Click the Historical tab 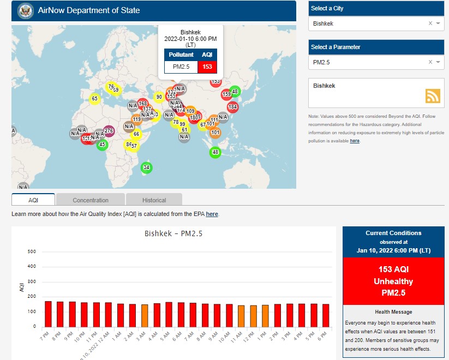(x=154, y=200)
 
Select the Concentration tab (x=91, y=200)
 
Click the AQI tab (x=33, y=200)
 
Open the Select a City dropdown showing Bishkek (x=371, y=23)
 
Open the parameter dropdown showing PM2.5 (x=371, y=62)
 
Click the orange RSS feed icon (x=433, y=95)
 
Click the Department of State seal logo (x=25, y=10)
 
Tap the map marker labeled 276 (x=109, y=131)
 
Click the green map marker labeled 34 (x=146, y=167)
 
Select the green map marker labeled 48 (x=215, y=152)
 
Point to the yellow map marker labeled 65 (x=94, y=99)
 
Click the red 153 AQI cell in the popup (x=207, y=67)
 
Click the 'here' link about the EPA (x=212, y=214)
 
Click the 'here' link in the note (x=355, y=141)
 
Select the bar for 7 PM (x=48, y=314)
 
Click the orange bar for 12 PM (x=253, y=316)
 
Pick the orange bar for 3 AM (x=145, y=315)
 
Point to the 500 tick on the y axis (x=32, y=252)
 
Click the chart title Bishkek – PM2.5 (x=173, y=233)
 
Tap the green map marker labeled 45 (x=101, y=145)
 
